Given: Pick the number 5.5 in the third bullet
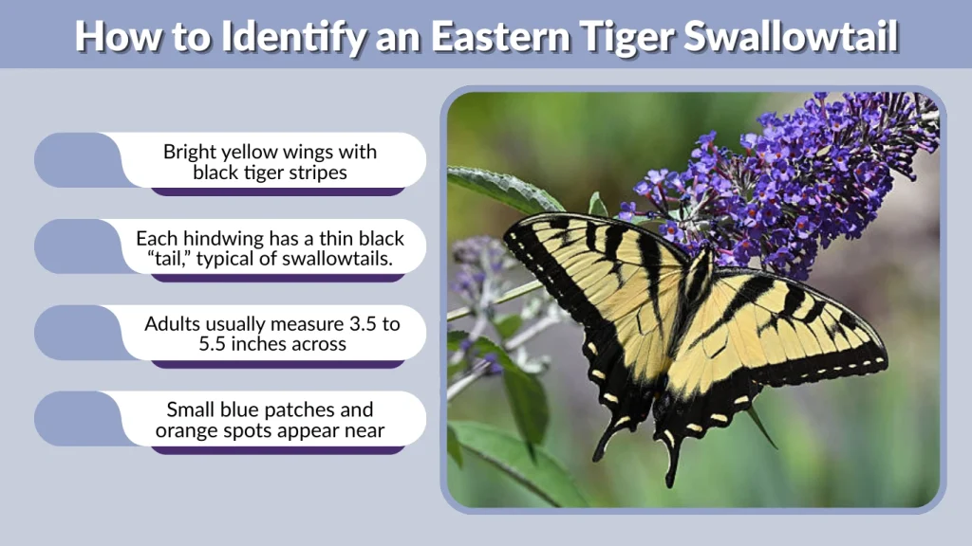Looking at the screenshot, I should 215,345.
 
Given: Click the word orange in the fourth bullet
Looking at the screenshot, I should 189,431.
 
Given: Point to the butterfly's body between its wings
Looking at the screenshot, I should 688,303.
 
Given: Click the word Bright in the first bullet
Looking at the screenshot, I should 191,152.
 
